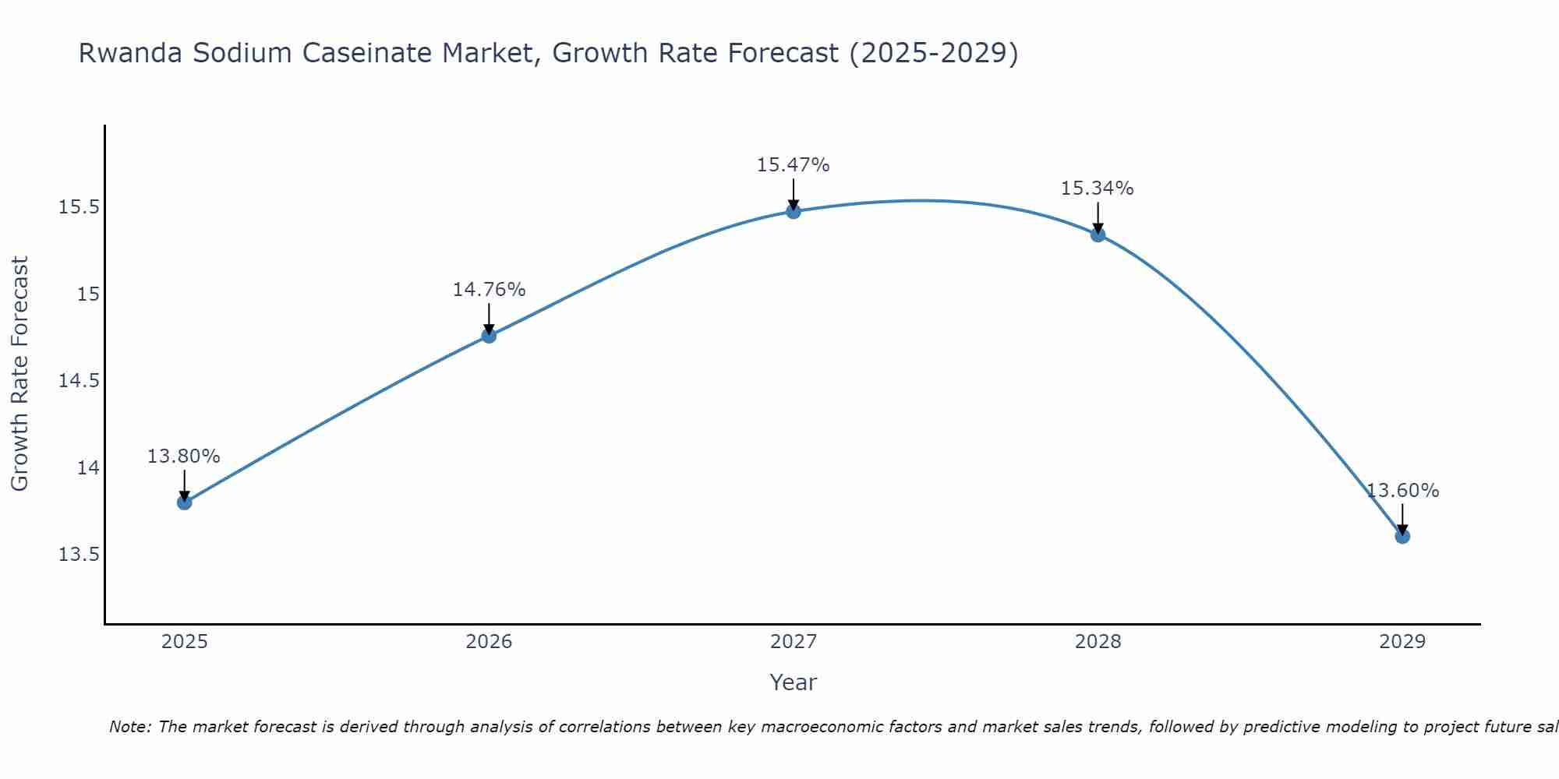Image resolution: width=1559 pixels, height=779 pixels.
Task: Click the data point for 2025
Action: coord(184,502)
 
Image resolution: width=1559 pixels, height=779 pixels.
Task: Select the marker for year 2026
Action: coord(489,336)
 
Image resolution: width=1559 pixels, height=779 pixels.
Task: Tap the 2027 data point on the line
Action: coord(794,211)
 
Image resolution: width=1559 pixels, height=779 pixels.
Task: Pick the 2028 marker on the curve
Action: coord(1098,234)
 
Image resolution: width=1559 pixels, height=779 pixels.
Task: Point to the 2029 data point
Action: coord(1402,536)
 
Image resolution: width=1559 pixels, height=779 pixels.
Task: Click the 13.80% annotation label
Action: coord(184,456)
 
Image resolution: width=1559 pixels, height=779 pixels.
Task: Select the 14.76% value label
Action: coord(489,290)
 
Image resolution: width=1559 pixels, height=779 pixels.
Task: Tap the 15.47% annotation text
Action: coord(794,165)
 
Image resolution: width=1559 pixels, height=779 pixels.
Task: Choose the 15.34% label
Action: coord(1098,189)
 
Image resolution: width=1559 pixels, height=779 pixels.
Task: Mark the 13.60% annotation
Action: coord(1402,491)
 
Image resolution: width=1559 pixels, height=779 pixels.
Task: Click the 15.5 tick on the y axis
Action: coord(79,207)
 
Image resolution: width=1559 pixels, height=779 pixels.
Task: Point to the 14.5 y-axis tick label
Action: coord(79,381)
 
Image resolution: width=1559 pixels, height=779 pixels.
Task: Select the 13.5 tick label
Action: coord(79,555)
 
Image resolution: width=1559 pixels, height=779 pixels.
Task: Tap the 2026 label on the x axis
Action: coord(489,642)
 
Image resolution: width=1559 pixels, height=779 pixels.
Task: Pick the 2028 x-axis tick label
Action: coord(1098,642)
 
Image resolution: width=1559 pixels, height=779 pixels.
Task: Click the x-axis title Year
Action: coord(793,682)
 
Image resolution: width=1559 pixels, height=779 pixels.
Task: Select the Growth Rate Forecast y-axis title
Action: coord(19,374)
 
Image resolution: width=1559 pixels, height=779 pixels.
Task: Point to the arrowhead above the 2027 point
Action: coord(794,204)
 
